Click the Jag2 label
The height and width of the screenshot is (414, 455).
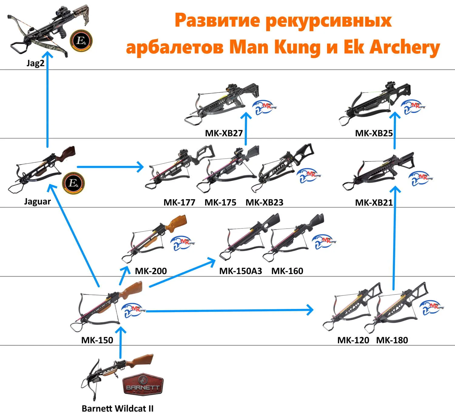point(35,63)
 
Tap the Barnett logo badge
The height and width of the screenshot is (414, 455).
point(143,384)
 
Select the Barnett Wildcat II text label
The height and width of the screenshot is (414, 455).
point(117,408)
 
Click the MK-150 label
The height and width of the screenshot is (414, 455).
point(97,340)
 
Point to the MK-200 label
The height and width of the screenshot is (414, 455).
point(151,271)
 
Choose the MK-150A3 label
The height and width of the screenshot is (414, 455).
point(241,271)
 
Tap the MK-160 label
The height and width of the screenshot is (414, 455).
point(287,271)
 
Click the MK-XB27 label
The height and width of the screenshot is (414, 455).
point(224,133)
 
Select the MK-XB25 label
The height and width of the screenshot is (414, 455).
point(374,133)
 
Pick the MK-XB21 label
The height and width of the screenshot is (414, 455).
point(374,202)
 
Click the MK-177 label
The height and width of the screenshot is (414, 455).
point(179,202)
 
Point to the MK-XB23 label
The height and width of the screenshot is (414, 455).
point(265,202)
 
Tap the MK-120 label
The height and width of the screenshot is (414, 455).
point(353,340)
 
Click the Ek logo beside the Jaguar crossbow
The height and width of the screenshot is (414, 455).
point(73,183)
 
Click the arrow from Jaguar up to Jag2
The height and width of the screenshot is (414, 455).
point(47,100)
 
